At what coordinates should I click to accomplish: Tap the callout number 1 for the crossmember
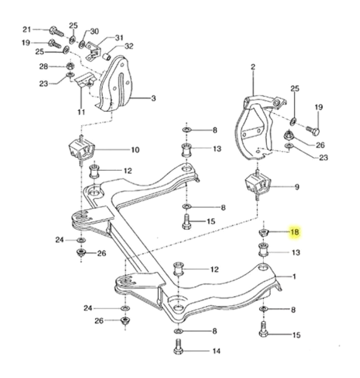(x=294, y=277)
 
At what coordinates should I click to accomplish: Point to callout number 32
(x=129, y=47)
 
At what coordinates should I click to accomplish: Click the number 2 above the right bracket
(x=253, y=66)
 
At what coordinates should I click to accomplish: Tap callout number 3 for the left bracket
(x=153, y=98)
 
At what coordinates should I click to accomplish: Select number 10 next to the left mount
(x=135, y=150)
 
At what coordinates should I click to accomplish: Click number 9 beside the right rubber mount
(x=296, y=187)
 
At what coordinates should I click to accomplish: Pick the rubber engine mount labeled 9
(x=257, y=186)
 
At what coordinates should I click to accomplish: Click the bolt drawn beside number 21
(x=55, y=31)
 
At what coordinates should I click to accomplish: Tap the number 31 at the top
(x=120, y=37)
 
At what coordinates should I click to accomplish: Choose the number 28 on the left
(x=43, y=66)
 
